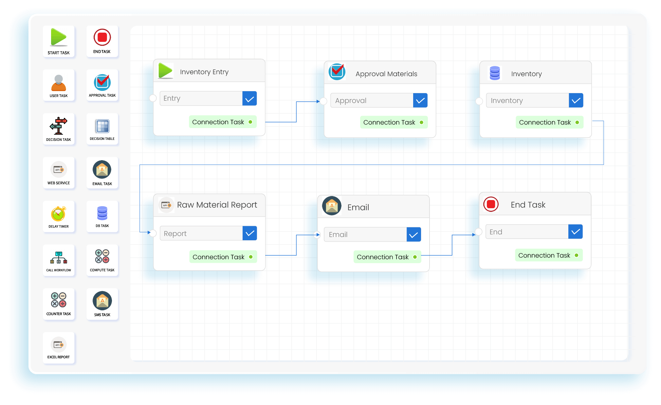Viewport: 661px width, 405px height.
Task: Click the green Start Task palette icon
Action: click(59, 37)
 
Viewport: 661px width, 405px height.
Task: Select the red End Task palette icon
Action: click(102, 37)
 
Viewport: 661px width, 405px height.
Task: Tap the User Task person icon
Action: click(59, 83)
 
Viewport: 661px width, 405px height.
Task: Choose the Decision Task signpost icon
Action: click(59, 126)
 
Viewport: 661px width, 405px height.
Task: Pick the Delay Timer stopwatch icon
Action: click(59, 214)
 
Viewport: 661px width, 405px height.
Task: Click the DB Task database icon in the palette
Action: click(102, 213)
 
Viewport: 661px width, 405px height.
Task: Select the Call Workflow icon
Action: click(59, 258)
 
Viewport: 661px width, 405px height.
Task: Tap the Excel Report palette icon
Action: click(59, 345)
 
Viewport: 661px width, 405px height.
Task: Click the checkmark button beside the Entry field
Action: click(249, 99)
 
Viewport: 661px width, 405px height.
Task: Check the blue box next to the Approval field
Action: click(420, 101)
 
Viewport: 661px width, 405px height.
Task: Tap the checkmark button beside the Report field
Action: click(250, 233)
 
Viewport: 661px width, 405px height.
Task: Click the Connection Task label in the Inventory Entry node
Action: click(218, 122)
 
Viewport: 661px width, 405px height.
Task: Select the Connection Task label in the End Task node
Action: click(544, 255)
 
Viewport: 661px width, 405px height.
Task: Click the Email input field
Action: click(365, 234)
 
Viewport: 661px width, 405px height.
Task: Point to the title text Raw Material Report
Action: click(217, 205)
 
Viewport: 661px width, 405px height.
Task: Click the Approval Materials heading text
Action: click(386, 74)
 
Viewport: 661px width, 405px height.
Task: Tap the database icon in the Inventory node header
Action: click(495, 73)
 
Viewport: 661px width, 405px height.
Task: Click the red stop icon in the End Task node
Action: click(491, 204)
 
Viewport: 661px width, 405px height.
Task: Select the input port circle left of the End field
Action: click(479, 232)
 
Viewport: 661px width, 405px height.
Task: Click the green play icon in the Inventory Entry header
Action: click(165, 71)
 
